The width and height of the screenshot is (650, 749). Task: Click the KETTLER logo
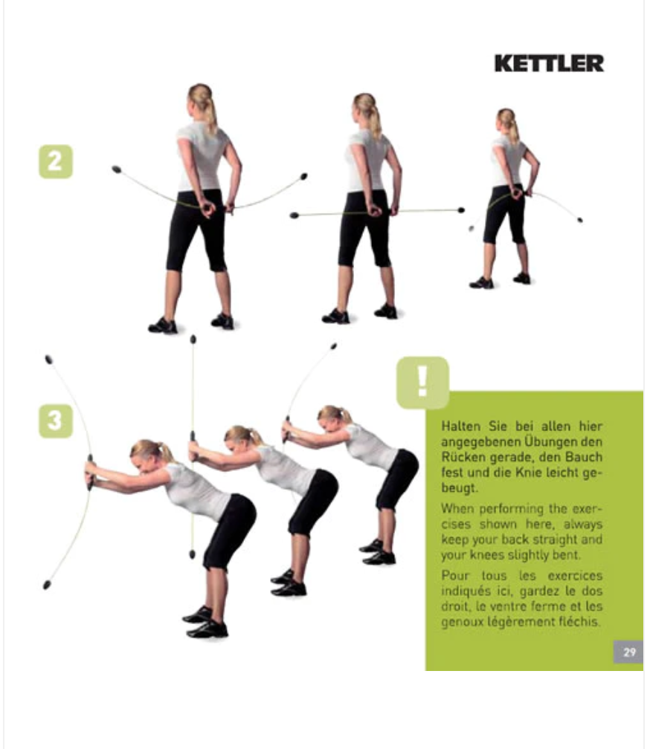(x=549, y=64)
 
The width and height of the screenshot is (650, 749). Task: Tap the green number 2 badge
(x=56, y=161)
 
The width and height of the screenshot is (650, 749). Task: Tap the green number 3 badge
(x=56, y=421)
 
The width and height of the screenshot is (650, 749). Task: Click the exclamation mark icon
(x=422, y=382)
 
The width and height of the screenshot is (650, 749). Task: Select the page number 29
(x=629, y=652)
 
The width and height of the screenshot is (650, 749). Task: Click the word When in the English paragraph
(x=457, y=508)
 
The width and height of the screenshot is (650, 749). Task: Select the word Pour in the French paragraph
(x=454, y=575)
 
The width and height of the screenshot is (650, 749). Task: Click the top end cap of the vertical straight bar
(x=193, y=339)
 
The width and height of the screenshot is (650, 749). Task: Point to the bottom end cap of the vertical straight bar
(x=192, y=554)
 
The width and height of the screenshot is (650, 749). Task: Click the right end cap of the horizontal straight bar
(x=461, y=210)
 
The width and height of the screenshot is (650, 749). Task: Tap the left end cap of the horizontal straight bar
(x=295, y=215)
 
